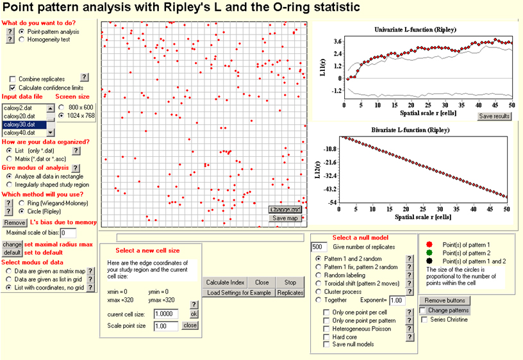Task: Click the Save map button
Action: point(286,218)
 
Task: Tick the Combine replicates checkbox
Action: point(13,78)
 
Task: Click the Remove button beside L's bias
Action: point(15,222)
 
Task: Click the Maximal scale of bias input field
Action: point(68,233)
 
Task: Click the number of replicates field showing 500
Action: point(319,247)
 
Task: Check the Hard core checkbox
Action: point(327,336)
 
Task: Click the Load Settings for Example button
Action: point(239,292)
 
